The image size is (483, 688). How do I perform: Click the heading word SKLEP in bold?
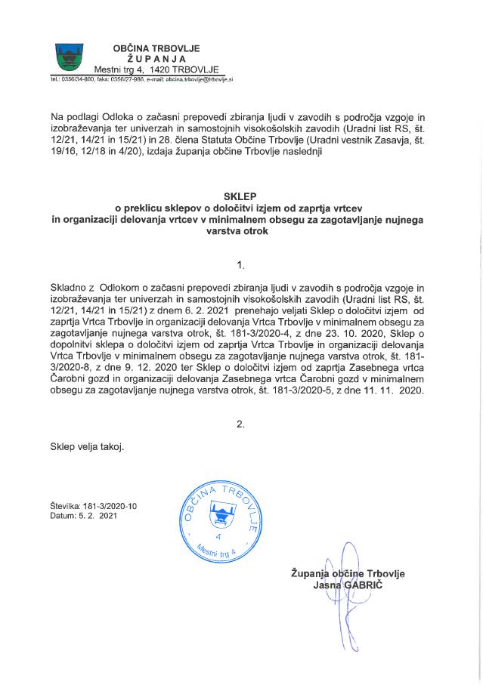pos(241,194)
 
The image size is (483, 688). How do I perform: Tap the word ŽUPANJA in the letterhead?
pos(157,59)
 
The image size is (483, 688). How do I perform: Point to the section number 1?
pos(241,265)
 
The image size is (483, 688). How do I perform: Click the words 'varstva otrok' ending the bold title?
pos(241,233)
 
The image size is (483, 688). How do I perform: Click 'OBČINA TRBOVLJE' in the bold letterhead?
pos(157,48)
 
